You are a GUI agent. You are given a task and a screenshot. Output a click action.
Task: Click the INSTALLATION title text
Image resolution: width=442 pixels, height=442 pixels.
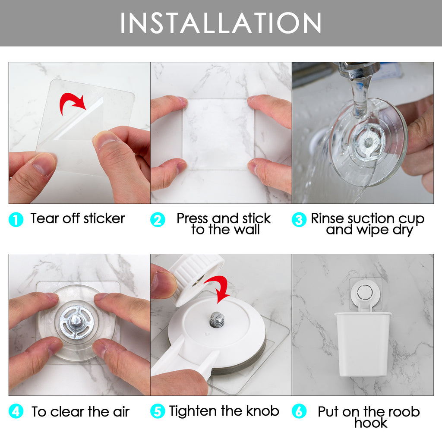point(221,23)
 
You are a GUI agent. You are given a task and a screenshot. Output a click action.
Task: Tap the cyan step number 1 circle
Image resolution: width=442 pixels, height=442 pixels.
point(16,220)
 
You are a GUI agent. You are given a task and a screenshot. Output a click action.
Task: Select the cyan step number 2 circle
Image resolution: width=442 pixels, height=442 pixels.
point(158,220)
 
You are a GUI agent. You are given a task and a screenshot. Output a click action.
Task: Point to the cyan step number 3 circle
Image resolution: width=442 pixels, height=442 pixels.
point(299,220)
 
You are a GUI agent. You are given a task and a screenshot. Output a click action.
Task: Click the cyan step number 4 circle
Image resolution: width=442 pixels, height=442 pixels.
point(16,411)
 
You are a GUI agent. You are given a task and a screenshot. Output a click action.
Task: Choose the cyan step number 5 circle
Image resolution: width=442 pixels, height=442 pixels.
point(158,411)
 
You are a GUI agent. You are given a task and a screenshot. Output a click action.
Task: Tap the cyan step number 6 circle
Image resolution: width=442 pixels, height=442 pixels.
point(299,411)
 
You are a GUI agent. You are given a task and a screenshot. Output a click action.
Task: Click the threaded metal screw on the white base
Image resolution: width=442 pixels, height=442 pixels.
point(217,320)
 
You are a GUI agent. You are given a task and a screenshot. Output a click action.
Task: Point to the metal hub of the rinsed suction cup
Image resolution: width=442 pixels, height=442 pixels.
point(369,142)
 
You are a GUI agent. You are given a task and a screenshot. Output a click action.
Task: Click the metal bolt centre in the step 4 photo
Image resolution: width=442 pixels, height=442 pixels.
point(76,321)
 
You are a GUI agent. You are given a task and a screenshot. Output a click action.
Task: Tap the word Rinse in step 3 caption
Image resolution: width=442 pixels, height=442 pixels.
point(327,218)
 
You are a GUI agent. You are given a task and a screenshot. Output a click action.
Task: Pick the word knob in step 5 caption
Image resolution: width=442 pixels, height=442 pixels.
point(263,411)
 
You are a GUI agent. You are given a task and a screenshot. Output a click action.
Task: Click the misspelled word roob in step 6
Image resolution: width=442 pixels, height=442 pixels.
point(404,412)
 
